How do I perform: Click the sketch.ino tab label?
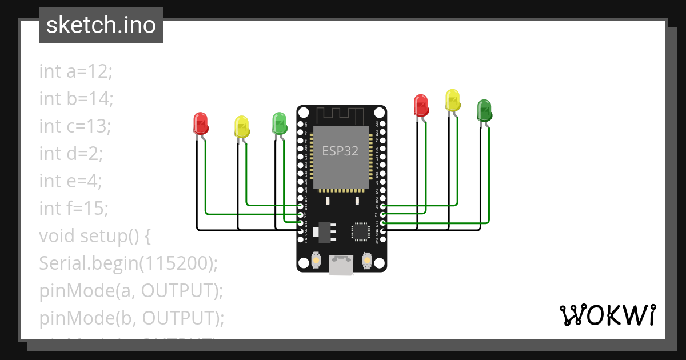[101, 25]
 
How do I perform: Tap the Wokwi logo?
[607, 315]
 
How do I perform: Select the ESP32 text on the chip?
[340, 151]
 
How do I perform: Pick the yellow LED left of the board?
[242, 126]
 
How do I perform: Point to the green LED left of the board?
[279, 123]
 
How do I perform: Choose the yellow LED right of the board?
[453, 100]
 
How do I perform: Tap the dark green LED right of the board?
[485, 110]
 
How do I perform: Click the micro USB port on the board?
[341, 266]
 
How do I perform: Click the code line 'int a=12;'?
[76, 71]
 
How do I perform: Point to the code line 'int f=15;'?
[73, 208]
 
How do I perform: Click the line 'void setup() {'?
[94, 235]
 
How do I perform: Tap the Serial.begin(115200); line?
[129, 263]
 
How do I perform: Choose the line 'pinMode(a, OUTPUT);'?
[130, 290]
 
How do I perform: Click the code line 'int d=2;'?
[71, 153]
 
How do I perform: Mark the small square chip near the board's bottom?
[361, 231]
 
